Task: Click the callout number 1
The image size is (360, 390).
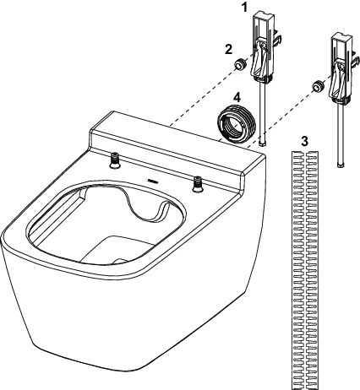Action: click(245, 8)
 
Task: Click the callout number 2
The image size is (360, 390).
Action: click(228, 50)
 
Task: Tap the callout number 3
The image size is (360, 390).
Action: click(304, 142)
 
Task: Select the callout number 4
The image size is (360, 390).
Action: click(237, 98)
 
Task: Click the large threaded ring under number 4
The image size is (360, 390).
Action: click(237, 124)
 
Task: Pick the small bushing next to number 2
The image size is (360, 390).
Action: click(239, 64)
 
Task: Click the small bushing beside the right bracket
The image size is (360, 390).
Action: click(317, 86)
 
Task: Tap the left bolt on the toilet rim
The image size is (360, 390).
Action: click(115, 160)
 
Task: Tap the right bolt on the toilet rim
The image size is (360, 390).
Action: click(198, 184)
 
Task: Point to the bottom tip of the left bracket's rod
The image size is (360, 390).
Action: click(263, 144)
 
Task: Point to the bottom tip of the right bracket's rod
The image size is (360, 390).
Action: click(341, 165)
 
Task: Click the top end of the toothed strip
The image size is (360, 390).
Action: click(305, 152)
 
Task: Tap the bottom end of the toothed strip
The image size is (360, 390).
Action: click(305, 387)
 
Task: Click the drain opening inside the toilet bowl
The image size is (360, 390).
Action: click(120, 261)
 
